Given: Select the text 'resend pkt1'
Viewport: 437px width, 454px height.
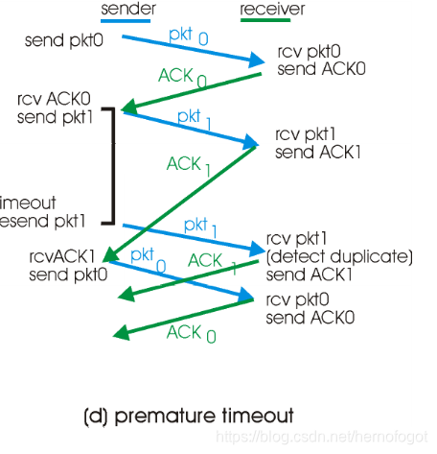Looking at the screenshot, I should point(44,220).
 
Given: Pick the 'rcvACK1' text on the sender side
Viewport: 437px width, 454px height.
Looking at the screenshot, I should point(62,256).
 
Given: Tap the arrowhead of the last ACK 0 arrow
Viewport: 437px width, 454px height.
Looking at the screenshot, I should point(118,335).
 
